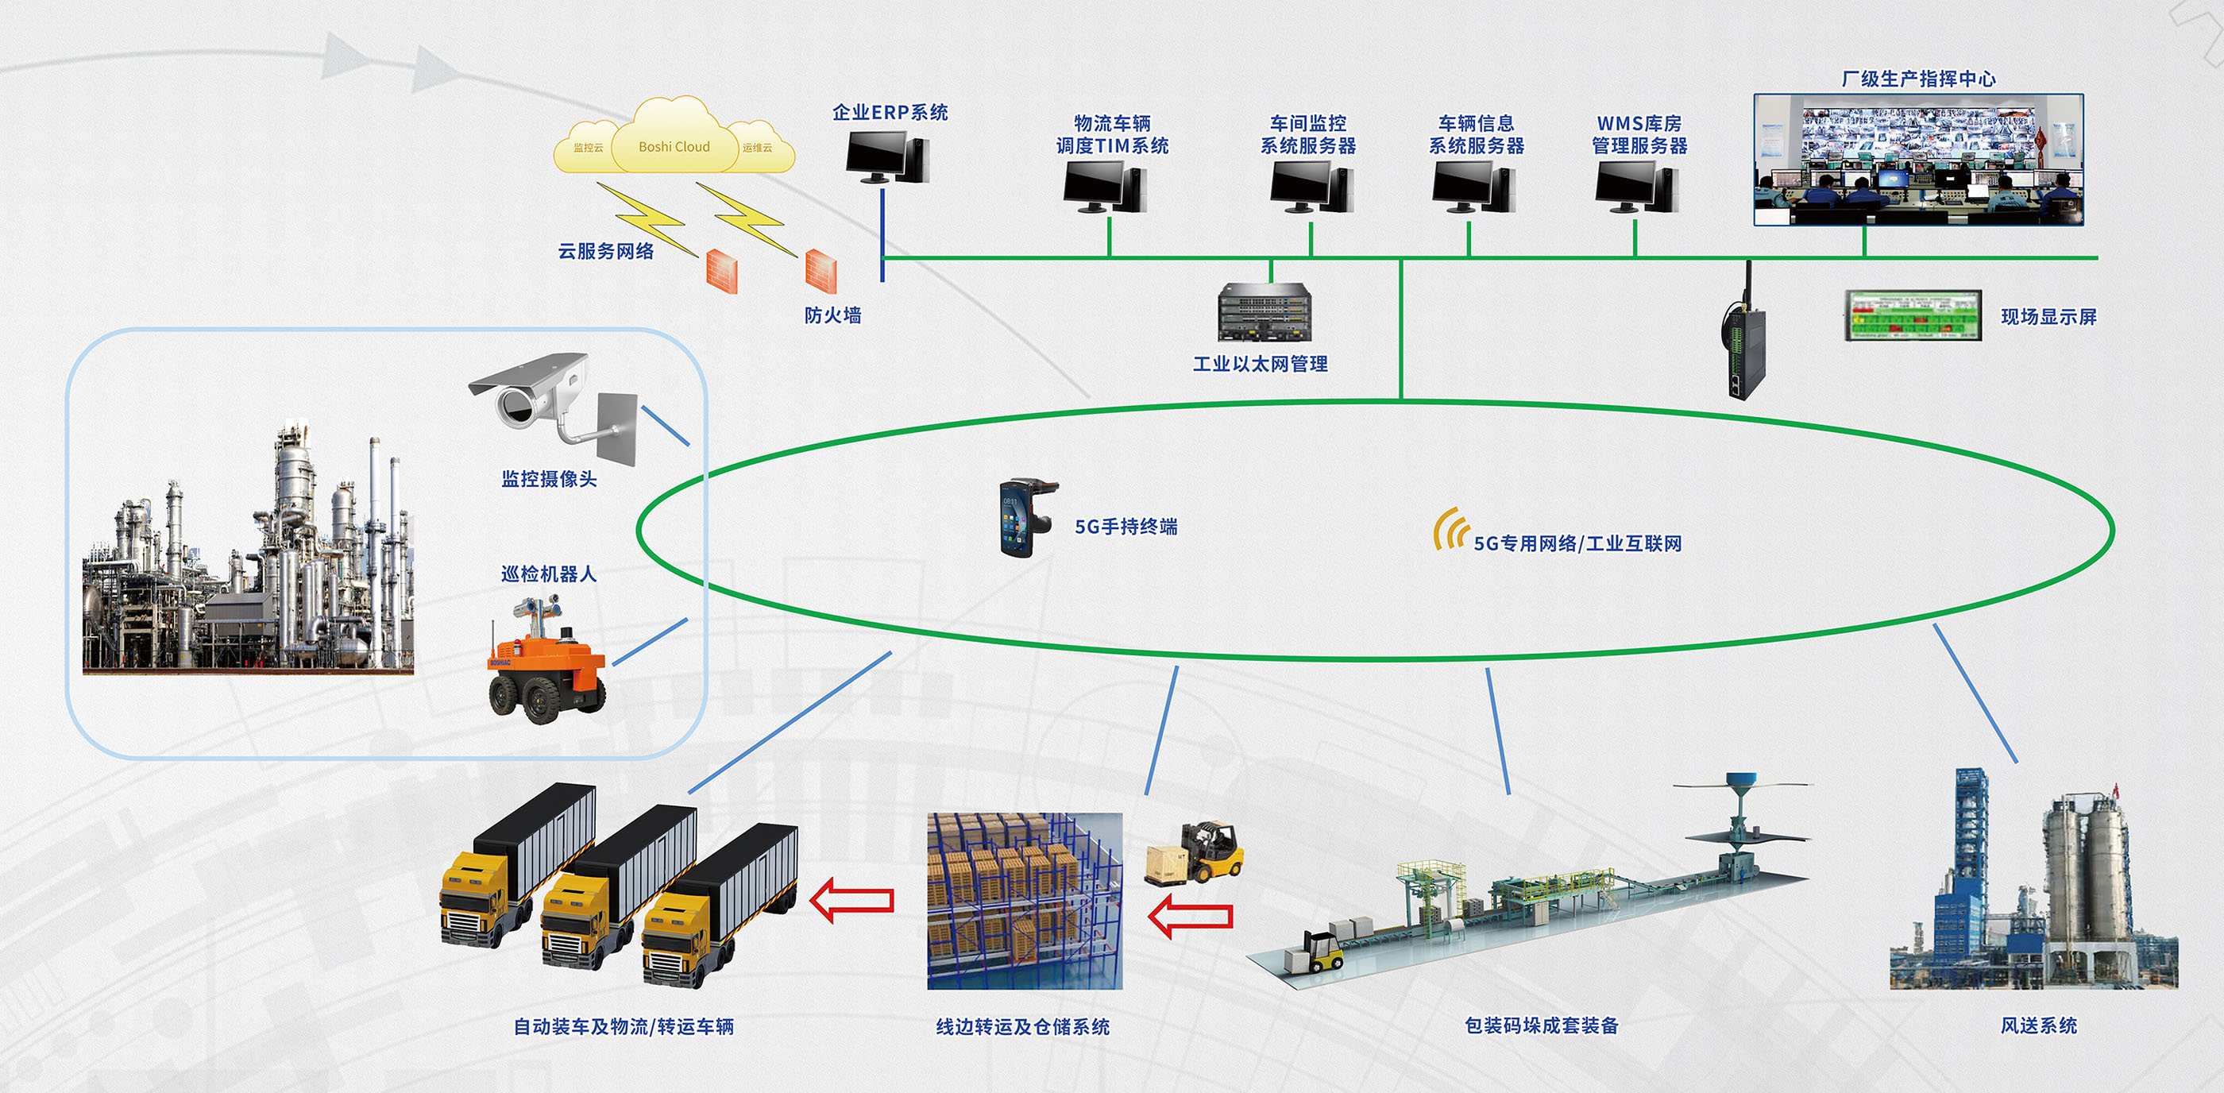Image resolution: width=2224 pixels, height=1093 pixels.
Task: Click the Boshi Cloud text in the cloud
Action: [x=674, y=147]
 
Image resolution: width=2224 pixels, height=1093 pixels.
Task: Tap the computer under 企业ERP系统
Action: [x=886, y=158]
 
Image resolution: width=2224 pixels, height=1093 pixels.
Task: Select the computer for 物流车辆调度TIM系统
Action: [x=1104, y=187]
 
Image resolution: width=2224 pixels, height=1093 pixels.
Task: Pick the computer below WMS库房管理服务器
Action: [x=1636, y=187]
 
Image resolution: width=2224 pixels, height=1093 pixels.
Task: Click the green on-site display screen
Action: [x=1913, y=316]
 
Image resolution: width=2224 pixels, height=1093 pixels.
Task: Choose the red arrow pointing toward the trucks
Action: [x=852, y=900]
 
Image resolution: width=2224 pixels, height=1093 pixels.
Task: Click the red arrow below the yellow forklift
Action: [x=1191, y=915]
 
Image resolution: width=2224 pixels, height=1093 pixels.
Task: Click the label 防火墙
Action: [x=832, y=315]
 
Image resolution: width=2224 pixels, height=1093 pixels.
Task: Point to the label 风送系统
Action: [x=2038, y=1025]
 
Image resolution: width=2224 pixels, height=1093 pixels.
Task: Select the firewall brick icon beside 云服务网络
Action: [x=722, y=271]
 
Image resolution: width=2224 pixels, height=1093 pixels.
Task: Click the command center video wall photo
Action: [x=1918, y=160]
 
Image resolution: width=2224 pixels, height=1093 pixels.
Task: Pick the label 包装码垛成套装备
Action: [x=1541, y=1025]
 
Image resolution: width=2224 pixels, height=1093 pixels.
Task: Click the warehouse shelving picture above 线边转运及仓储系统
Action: [x=1025, y=901]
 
